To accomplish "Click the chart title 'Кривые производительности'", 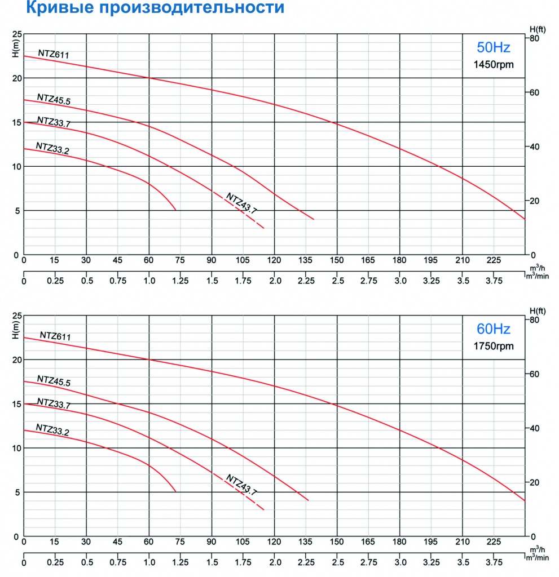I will [142, 9].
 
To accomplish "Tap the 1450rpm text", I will [494, 64].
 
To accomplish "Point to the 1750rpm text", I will [494, 346].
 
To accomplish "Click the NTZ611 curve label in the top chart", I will [54, 54].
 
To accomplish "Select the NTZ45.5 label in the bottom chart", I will [54, 381].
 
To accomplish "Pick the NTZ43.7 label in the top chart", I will [242, 203].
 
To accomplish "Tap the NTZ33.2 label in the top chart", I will [52, 148].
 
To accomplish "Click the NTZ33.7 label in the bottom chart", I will [54, 403].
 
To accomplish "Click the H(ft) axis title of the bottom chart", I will [538, 310].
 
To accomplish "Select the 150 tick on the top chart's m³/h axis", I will [337, 260].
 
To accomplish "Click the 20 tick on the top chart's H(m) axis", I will [15, 78].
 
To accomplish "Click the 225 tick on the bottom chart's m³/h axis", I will [493, 542].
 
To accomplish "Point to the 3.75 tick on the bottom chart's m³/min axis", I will [493, 562].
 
